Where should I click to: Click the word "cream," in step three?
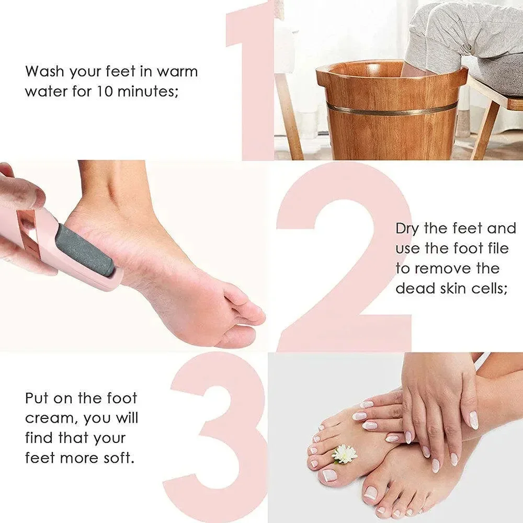point(52,418)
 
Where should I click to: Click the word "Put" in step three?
point(38,398)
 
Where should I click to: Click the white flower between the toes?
point(344,453)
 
